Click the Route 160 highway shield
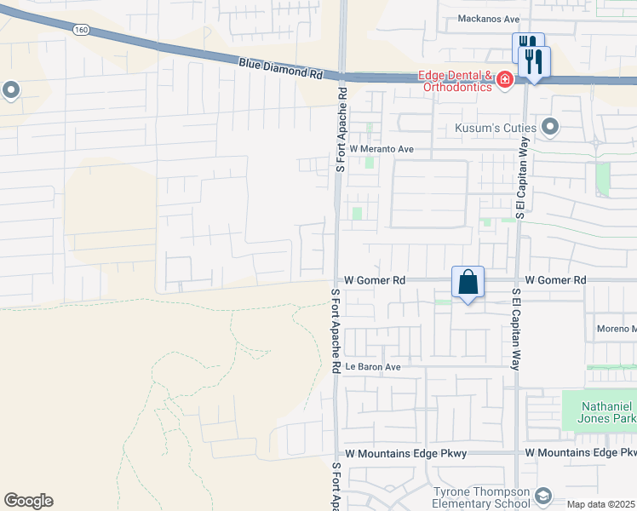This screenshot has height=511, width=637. coord(82,29)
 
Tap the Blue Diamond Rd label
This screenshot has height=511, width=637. coord(280,68)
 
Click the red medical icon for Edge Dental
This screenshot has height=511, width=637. coord(505,80)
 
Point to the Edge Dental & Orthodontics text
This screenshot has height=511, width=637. coord(456,81)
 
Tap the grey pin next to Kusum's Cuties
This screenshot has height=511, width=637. coord(550,128)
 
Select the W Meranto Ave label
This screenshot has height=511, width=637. coord(382,149)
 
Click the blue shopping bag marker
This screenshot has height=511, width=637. coord(468,282)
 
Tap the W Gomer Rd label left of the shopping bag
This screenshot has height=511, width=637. coord(375,279)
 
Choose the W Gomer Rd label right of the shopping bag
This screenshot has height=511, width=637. coord(555,279)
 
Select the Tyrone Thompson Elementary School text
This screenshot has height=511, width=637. coord(482,497)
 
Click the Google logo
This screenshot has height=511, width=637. coord(28,501)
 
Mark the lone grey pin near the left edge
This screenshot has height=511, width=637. coord(11,89)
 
